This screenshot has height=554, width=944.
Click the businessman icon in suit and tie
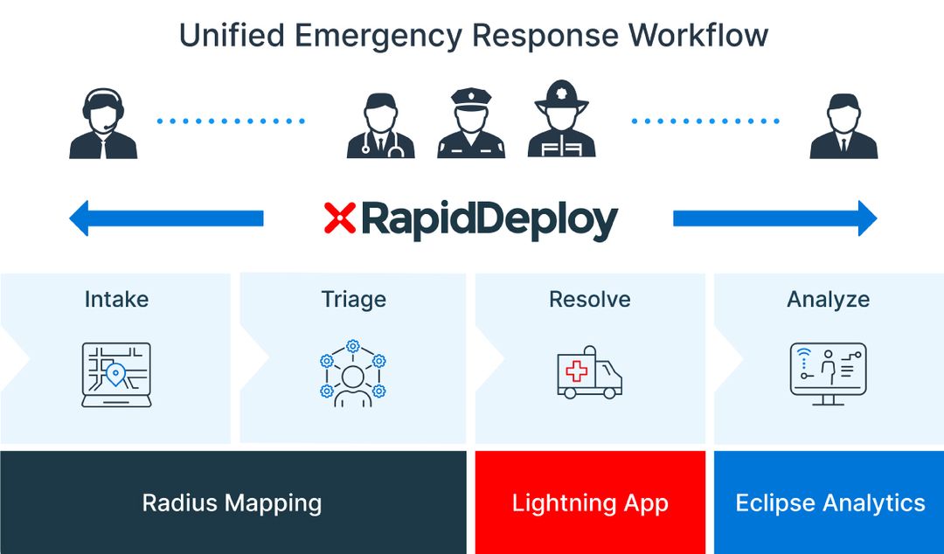(843, 128)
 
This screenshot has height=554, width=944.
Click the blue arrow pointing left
(166, 218)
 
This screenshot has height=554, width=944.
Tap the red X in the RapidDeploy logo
(339, 218)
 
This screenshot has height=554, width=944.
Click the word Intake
(116, 300)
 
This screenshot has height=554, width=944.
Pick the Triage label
(353, 300)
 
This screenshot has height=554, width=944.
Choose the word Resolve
(590, 300)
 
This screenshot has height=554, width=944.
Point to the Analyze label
(828, 300)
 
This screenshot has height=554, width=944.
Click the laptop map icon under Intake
(116, 374)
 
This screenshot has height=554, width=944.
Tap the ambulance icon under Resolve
(590, 372)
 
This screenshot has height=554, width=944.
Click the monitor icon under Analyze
(828, 373)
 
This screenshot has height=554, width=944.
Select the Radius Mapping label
(232, 503)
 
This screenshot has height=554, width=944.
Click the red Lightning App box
(590, 503)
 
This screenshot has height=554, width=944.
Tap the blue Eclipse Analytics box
(829, 503)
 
